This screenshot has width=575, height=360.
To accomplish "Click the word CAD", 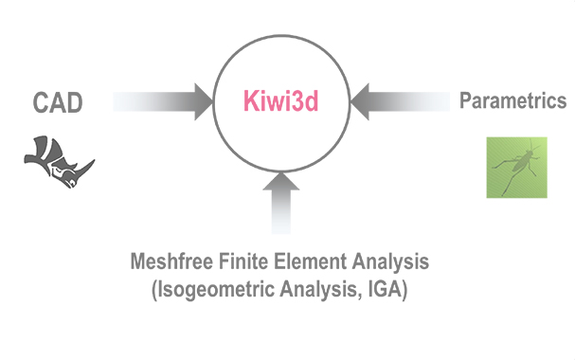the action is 58,102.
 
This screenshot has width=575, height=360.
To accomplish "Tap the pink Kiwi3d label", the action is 281,100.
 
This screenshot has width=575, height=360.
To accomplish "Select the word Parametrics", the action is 513,100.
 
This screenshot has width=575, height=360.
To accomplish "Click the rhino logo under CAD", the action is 60,161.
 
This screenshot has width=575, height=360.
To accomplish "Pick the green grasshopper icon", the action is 516,168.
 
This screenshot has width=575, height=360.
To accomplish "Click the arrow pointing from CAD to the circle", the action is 163,101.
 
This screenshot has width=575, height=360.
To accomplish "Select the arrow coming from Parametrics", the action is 400,101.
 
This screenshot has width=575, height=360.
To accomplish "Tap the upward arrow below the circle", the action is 281,203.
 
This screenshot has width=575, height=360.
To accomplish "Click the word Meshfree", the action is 171,261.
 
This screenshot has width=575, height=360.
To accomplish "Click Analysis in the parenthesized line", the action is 318,290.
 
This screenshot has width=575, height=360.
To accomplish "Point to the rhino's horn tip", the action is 94,160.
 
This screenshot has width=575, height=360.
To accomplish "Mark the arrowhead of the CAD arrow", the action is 204,101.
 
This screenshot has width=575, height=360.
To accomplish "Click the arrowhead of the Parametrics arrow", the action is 360,101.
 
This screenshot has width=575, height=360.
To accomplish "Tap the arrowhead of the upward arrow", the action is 281,181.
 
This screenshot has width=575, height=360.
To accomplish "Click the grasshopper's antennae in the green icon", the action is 532,145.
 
